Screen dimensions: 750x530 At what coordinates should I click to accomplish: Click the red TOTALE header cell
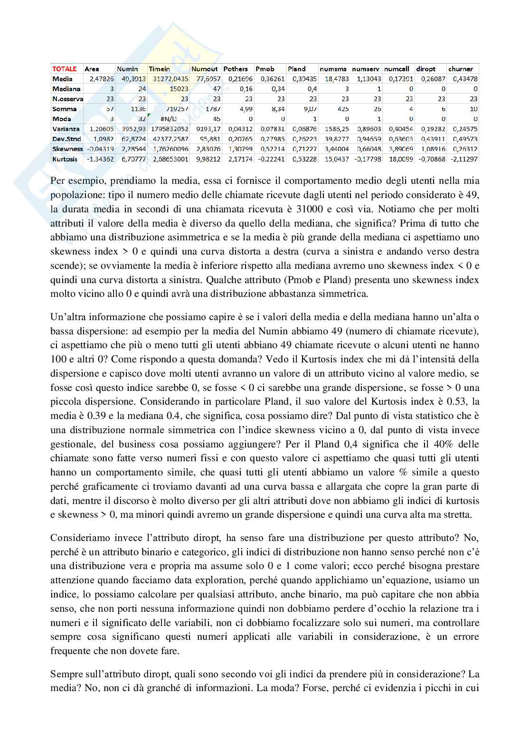(x=64, y=69)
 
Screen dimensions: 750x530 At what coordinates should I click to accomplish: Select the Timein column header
(x=159, y=69)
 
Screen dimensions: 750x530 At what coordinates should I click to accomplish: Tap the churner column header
(x=460, y=69)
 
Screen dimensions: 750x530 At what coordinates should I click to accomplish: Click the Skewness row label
(x=67, y=149)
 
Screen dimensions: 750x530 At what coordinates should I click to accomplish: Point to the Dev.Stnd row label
(x=66, y=139)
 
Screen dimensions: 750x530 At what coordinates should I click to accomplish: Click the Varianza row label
(x=66, y=129)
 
